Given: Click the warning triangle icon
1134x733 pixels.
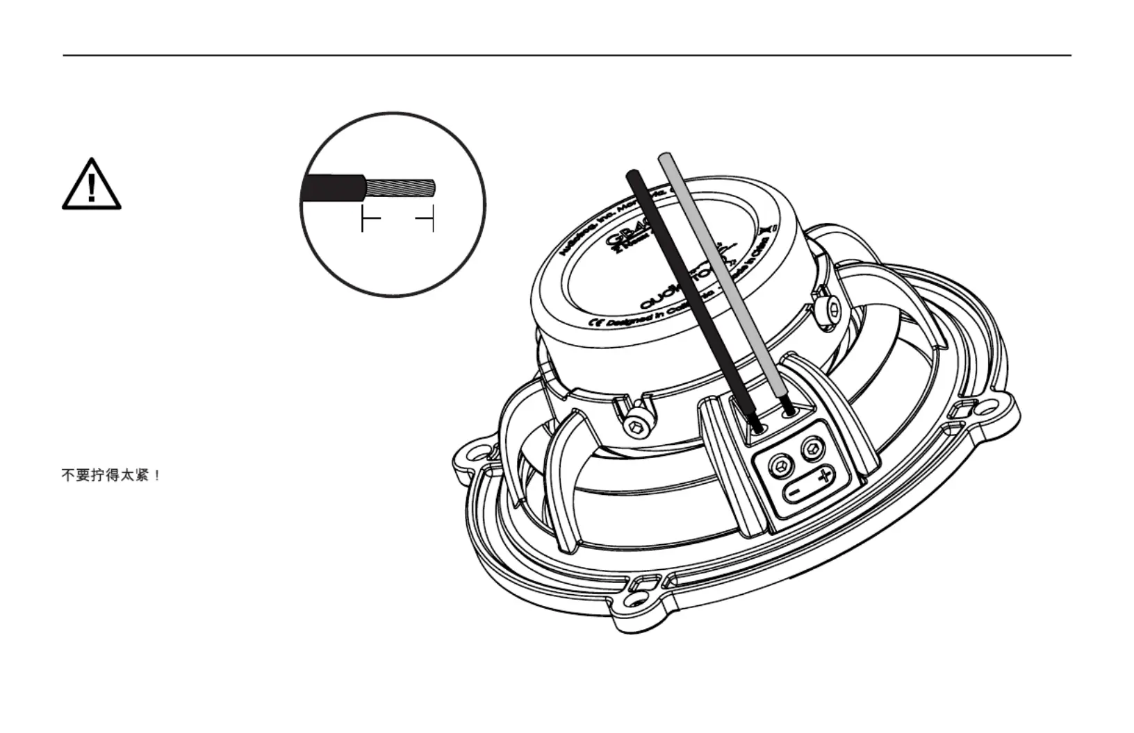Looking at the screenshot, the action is pos(92,185).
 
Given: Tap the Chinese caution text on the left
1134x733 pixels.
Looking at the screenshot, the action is pos(111,475).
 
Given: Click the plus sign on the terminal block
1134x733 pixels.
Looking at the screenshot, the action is pos(824,476).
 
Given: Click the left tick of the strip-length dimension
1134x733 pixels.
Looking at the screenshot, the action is pos(363,220).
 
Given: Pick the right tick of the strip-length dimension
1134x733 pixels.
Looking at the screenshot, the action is pos(433,220).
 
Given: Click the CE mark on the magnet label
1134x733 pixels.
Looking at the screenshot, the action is pos(595,323).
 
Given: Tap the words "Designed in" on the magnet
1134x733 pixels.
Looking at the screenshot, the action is pos(629,319).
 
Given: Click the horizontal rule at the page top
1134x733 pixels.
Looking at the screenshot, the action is pos(567,55).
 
